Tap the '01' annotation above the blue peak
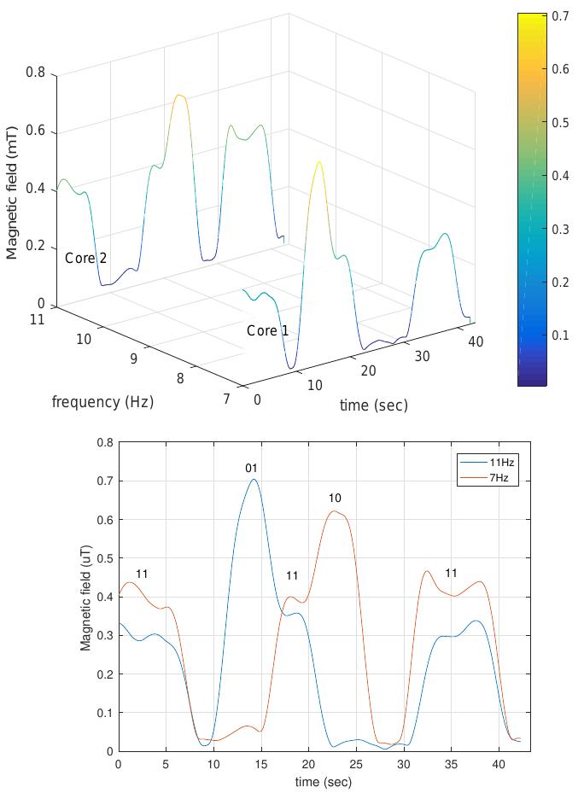[251, 468]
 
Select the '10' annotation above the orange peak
[335, 499]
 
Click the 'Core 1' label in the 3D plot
[267, 331]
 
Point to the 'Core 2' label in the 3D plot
[85, 258]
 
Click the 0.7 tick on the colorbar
[561, 16]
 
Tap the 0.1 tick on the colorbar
[561, 335]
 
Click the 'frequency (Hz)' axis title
[102, 402]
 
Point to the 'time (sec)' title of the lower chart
[324, 781]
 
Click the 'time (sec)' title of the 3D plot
[373, 405]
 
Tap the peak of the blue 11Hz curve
[254, 479]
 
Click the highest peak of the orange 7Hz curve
[334, 511]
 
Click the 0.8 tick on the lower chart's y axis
[106, 442]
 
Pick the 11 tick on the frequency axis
[36, 319]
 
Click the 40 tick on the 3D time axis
[476, 341]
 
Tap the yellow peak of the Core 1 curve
[319, 161]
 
